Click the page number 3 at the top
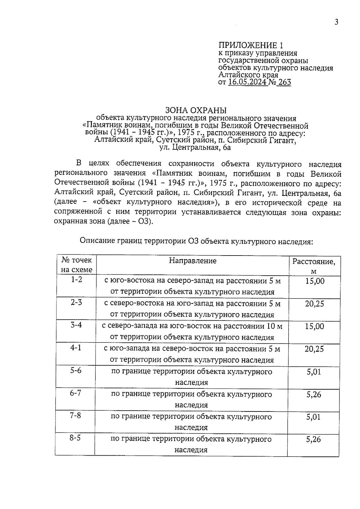336,22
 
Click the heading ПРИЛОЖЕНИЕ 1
250,45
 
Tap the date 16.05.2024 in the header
247,82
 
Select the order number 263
284,82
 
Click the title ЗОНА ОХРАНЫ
196,111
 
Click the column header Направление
193,260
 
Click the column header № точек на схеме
76,265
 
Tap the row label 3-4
76,325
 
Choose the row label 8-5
75,438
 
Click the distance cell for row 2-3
314,304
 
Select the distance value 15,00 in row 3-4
314,326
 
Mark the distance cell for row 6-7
314,394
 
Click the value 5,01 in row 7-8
313,417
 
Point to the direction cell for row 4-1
192,354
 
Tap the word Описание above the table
96,241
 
